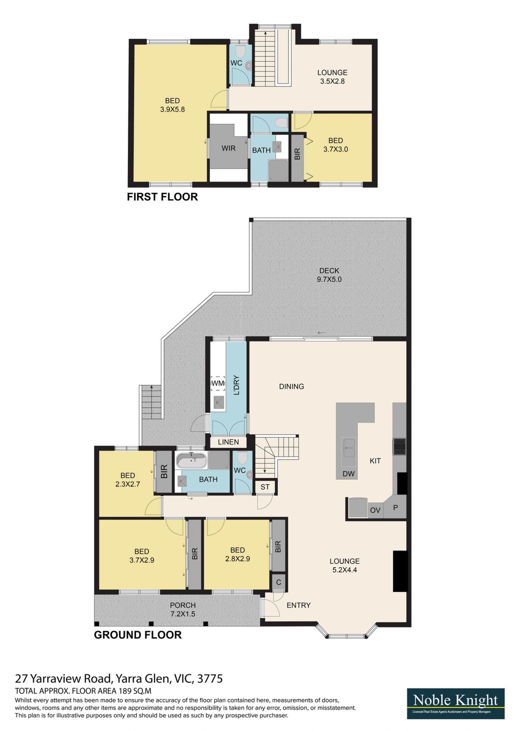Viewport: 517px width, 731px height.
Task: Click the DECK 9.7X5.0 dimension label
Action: click(329, 275)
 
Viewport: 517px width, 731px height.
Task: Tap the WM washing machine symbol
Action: click(218, 383)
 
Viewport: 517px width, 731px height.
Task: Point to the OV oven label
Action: click(375, 510)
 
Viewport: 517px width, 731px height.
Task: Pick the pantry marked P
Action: click(395, 507)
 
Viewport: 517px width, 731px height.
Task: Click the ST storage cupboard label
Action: click(265, 487)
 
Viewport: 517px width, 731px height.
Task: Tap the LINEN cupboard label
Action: click(228, 442)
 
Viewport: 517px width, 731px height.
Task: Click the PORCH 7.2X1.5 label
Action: click(183, 609)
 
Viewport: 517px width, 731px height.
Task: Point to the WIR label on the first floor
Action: click(229, 148)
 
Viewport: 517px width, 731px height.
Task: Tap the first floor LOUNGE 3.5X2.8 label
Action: click(332, 77)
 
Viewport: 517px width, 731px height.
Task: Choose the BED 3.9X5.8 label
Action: click(172, 105)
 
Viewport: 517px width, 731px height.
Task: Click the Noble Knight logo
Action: click(456, 704)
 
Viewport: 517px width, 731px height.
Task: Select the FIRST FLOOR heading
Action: click(162, 197)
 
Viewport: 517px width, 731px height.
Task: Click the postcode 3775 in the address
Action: click(210, 679)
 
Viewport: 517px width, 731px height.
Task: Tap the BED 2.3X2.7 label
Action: click(128, 480)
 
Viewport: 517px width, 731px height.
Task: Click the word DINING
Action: click(292, 387)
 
